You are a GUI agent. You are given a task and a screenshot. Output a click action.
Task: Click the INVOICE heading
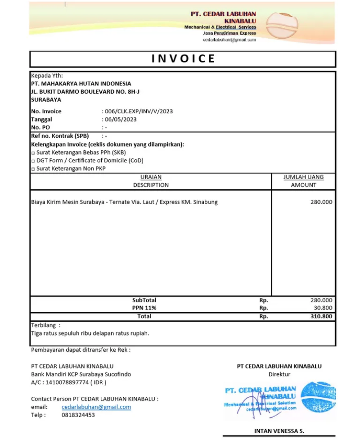(x=183, y=59)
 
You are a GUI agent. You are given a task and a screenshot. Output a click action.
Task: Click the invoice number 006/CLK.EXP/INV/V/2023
(x=139, y=111)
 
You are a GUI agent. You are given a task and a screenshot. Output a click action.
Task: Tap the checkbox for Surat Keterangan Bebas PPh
(x=33, y=153)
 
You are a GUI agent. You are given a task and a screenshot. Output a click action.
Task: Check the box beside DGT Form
(x=33, y=161)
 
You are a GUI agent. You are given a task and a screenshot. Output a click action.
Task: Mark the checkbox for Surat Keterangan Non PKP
(x=33, y=169)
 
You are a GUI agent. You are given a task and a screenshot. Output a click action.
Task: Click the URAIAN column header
(x=151, y=177)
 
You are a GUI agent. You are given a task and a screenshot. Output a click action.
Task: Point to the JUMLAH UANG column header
(x=303, y=177)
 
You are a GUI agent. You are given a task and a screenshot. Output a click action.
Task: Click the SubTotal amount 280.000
(x=321, y=300)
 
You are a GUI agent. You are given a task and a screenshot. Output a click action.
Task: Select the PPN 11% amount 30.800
(x=323, y=308)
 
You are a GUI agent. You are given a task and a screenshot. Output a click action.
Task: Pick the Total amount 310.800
(x=321, y=316)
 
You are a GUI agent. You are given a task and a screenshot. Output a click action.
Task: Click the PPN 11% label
(x=144, y=308)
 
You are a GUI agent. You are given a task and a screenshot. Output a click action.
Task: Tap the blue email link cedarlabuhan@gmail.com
(x=96, y=407)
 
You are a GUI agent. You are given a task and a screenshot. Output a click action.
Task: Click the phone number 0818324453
(x=78, y=415)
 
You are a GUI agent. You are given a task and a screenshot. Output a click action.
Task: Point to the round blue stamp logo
(x=318, y=396)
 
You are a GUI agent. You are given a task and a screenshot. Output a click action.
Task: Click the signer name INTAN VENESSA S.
(x=279, y=431)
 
